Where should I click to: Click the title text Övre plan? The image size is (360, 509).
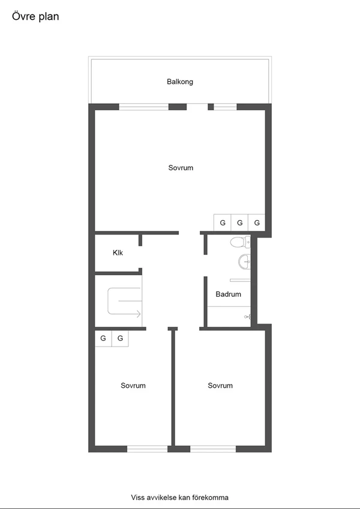(x=35, y=17)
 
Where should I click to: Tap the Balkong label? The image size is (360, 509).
(x=180, y=82)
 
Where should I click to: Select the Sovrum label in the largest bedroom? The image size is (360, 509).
(x=181, y=168)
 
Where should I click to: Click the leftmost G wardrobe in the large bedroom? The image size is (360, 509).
(x=223, y=223)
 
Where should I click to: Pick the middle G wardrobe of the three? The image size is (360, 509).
(x=240, y=223)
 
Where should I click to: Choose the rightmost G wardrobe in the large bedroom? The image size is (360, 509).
(x=257, y=223)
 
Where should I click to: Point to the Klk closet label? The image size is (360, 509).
(x=118, y=253)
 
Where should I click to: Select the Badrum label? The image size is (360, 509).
(x=229, y=294)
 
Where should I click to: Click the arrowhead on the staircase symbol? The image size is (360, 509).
(x=139, y=314)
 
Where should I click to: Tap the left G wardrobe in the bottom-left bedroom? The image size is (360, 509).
(x=103, y=339)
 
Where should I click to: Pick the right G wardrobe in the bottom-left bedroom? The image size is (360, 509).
(x=121, y=339)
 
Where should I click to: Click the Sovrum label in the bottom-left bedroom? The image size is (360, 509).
(x=133, y=385)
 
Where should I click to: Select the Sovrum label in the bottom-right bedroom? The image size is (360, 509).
(x=220, y=385)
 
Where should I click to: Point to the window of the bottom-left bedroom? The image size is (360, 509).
(x=147, y=448)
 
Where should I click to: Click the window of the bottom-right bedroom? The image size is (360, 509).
(x=213, y=448)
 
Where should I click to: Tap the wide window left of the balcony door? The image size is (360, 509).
(x=143, y=107)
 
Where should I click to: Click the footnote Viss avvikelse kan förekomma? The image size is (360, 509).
(x=180, y=497)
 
